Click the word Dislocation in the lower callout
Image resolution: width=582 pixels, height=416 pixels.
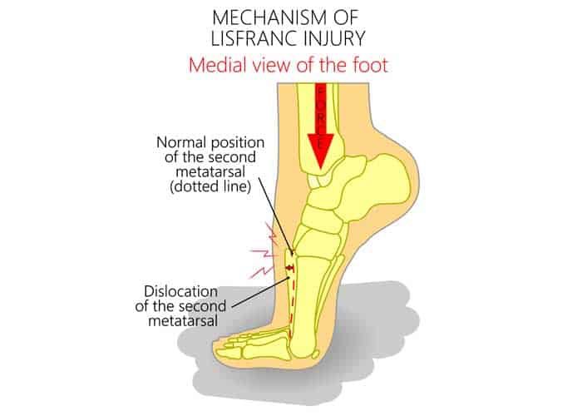click(181, 293)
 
